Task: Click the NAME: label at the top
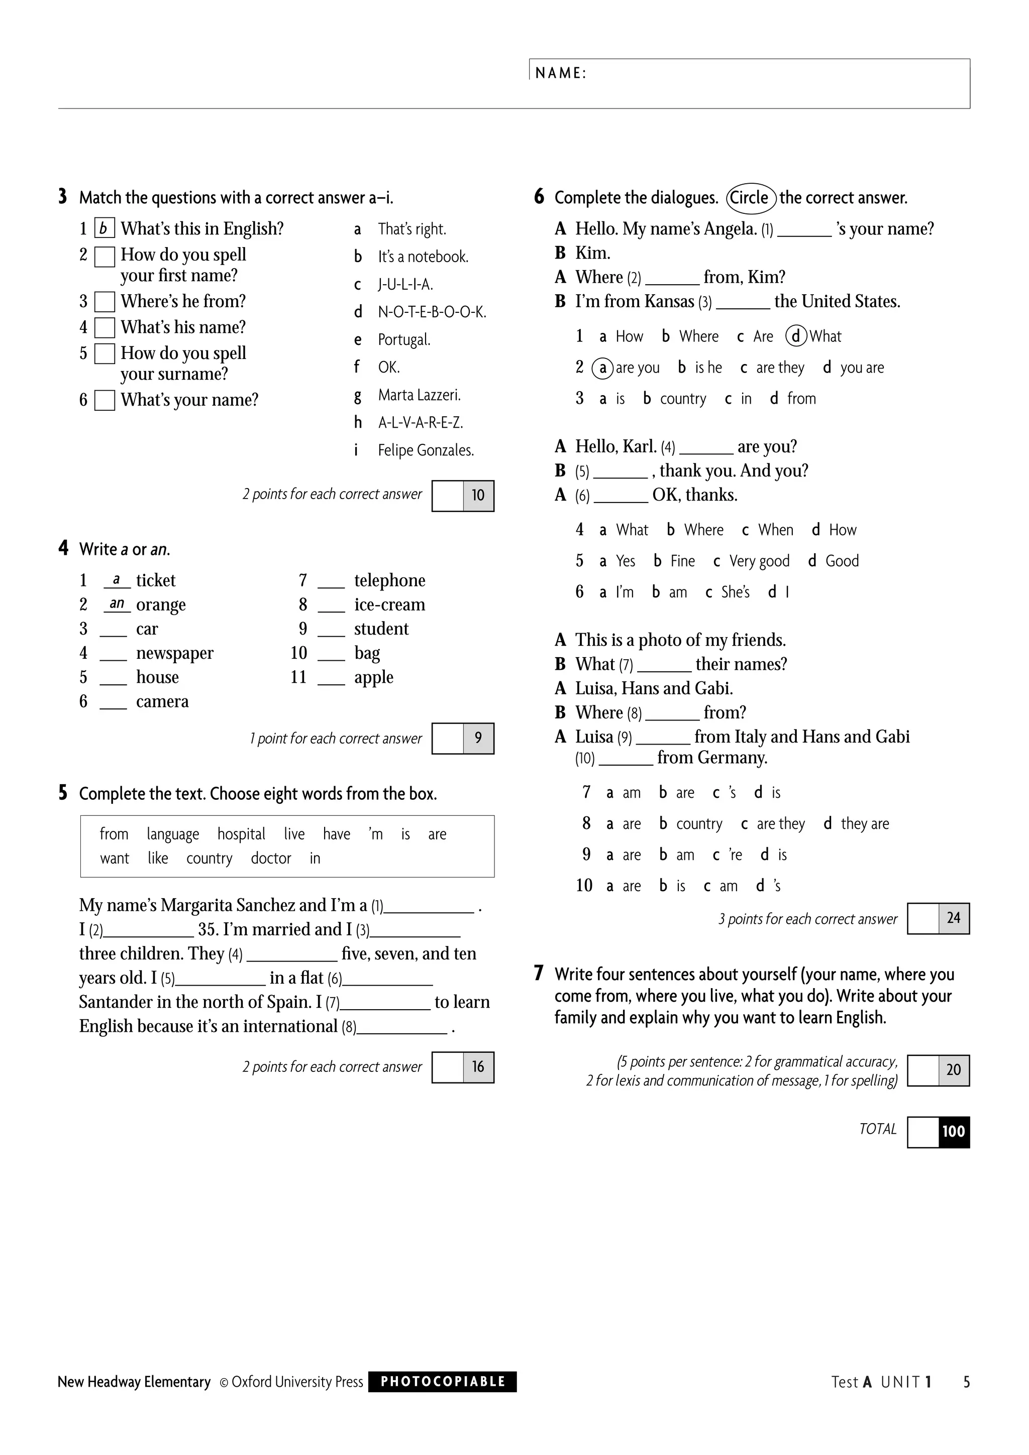pyautogui.click(x=560, y=73)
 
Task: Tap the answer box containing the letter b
pyautogui.click(x=104, y=228)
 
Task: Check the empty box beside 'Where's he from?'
pyautogui.click(x=105, y=302)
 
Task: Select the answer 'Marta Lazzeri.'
pyautogui.click(x=419, y=395)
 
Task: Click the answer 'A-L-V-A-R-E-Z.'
pyautogui.click(x=421, y=422)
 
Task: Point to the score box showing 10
pyautogui.click(x=477, y=495)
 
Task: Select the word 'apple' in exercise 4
pyautogui.click(x=373, y=677)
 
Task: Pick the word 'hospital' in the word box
pyautogui.click(x=241, y=834)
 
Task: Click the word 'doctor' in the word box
pyautogui.click(x=271, y=858)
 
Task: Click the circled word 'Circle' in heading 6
pyautogui.click(x=750, y=197)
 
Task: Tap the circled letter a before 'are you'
pyautogui.click(x=602, y=368)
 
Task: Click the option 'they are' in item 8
pyautogui.click(x=864, y=823)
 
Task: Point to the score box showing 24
pyautogui.click(x=953, y=918)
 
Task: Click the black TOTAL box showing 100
pyautogui.click(x=953, y=1131)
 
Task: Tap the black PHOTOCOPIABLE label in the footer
pyautogui.click(x=443, y=1382)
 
